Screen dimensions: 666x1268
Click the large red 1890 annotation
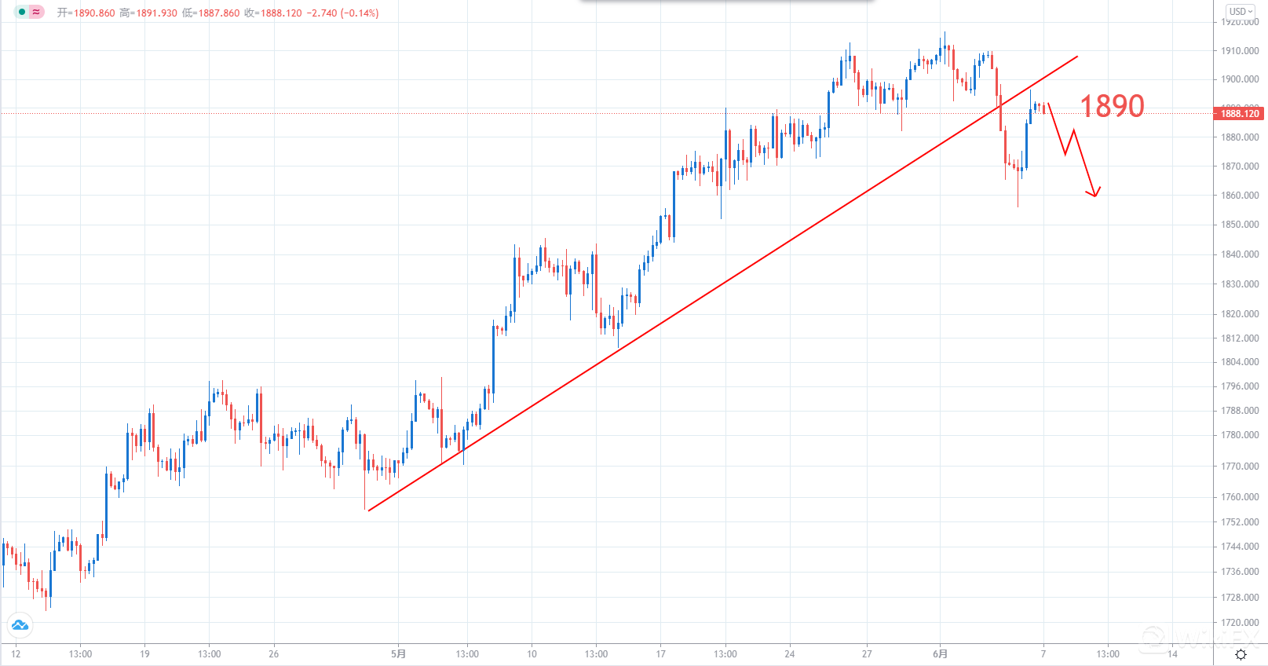click(1112, 106)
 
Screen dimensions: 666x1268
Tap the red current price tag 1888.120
click(1240, 114)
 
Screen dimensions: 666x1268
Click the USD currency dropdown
click(1241, 12)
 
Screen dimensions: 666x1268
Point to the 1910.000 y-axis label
click(1240, 51)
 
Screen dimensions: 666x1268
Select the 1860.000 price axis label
click(1240, 196)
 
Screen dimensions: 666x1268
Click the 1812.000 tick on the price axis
click(1240, 338)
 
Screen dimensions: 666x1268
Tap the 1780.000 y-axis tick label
click(1240, 435)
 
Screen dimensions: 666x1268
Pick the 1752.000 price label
click(1240, 522)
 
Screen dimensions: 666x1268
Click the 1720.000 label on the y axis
click(1240, 623)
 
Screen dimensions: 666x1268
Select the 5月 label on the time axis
click(399, 654)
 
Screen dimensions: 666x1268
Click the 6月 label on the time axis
click(940, 654)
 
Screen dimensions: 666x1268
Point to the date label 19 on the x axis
click(144, 654)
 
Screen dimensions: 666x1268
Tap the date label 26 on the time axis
click(273, 654)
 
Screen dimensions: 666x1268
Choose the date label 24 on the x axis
click(790, 654)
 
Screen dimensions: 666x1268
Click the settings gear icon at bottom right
click(1241, 655)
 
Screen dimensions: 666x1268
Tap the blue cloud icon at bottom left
click(20, 625)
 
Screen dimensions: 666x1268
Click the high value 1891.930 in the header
click(156, 13)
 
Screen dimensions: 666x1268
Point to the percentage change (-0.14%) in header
click(360, 13)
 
